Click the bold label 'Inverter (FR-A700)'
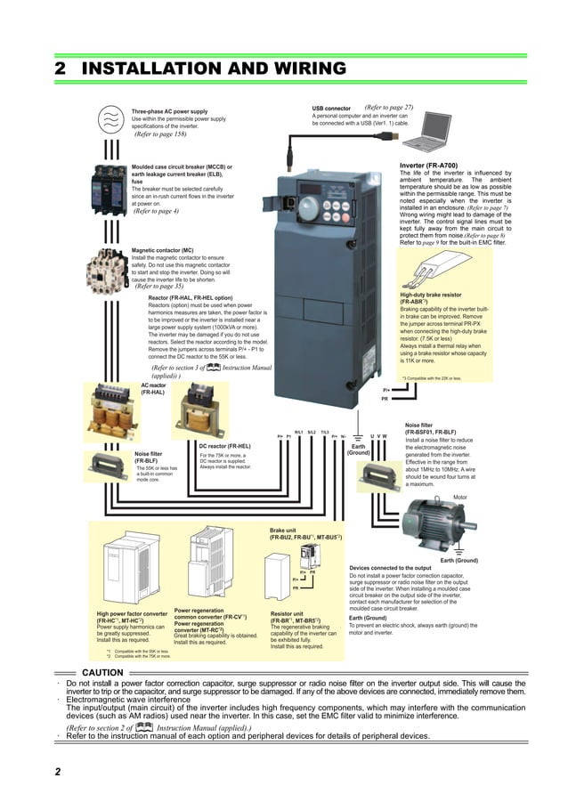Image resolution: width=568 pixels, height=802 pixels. pos(434,166)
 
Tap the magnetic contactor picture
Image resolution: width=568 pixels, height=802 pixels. pos(110,270)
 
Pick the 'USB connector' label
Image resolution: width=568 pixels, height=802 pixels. pos(331,108)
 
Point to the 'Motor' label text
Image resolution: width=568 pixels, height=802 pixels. pos(460,498)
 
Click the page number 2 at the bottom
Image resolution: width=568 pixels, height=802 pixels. pos(58,772)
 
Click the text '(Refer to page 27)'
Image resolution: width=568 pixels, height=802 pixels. pos(389,108)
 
